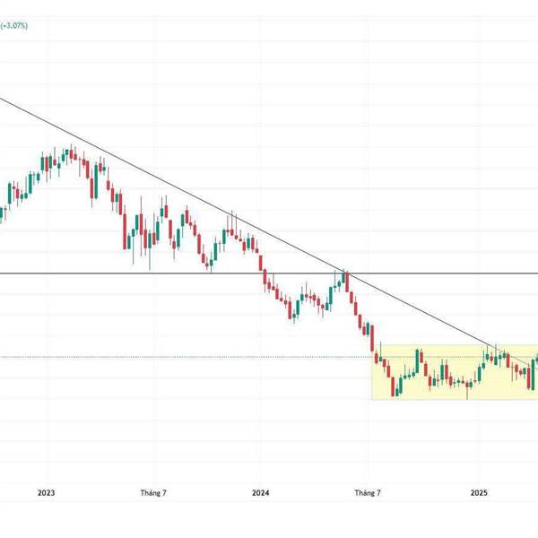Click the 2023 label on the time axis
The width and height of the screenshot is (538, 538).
[x=47, y=492]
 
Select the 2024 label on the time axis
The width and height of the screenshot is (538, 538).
[x=261, y=492]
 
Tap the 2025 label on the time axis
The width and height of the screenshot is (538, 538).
[x=479, y=492]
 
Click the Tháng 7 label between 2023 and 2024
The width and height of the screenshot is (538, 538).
[x=154, y=492]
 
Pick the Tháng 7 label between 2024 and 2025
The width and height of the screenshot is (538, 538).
[x=368, y=492]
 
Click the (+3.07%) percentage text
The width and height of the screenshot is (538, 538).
[x=14, y=26]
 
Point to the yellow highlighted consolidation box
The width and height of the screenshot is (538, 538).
[x=448, y=372]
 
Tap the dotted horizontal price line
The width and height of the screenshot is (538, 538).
[x=179, y=357]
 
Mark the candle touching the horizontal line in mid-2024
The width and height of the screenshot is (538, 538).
[x=344, y=276]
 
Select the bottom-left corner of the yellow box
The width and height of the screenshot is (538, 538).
[x=373, y=399]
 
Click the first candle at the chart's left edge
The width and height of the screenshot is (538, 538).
[x=2, y=213]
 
